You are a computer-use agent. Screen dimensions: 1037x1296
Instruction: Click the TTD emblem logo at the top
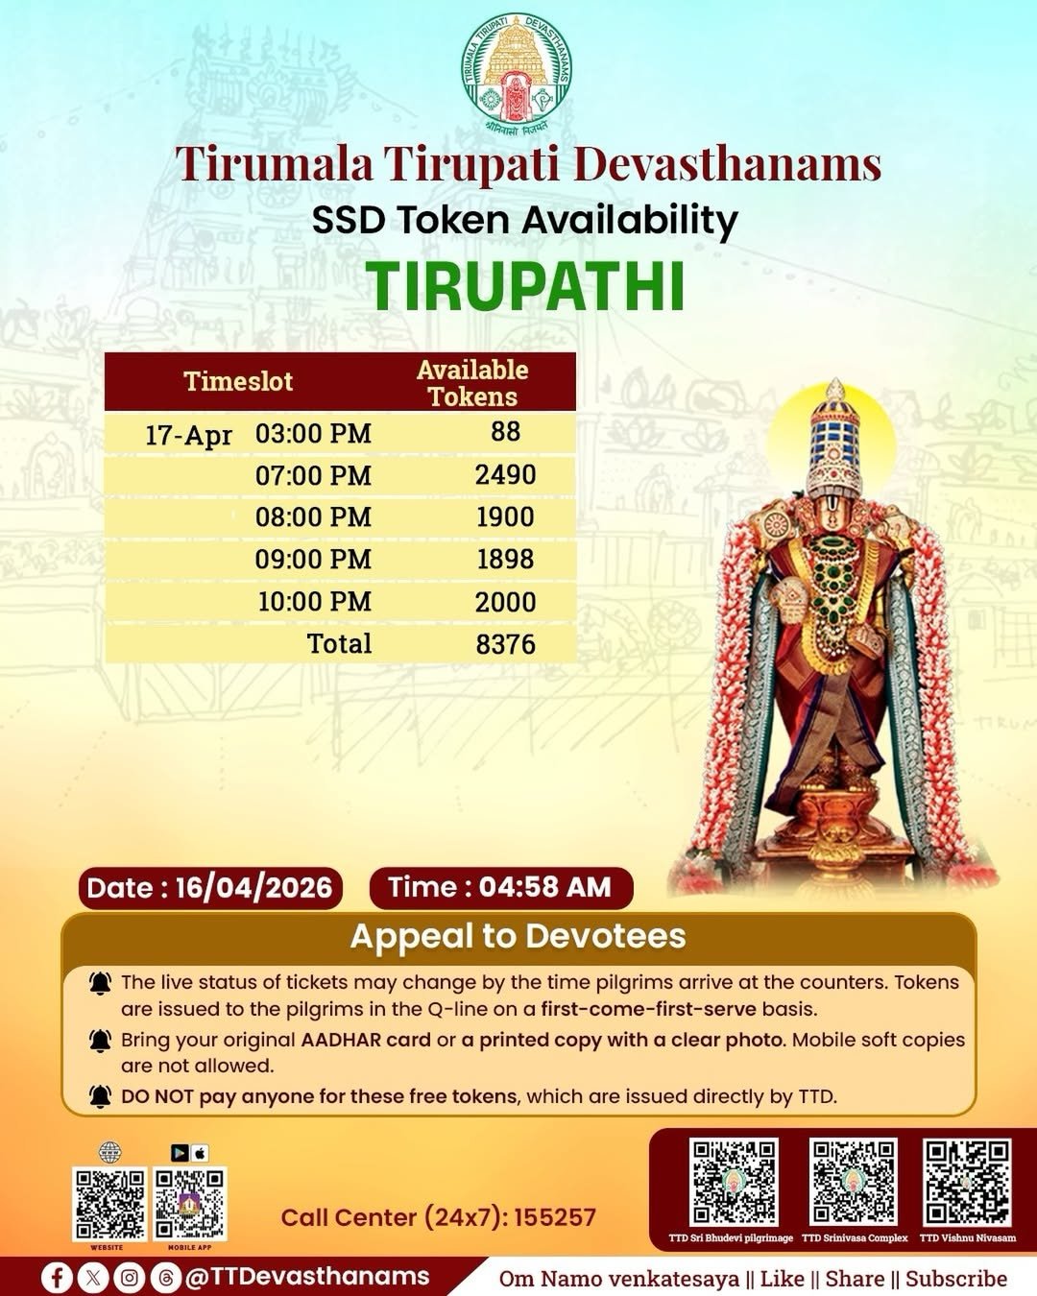click(517, 74)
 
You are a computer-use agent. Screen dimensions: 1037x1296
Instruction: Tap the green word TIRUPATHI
click(525, 287)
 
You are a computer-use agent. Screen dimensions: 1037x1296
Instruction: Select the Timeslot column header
click(238, 381)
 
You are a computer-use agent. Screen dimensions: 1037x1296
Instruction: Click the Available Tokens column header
click(472, 383)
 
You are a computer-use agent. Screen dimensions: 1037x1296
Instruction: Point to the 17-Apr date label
click(188, 434)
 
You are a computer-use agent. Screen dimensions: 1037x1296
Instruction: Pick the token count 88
click(506, 431)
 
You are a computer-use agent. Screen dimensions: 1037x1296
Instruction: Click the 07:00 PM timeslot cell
click(313, 476)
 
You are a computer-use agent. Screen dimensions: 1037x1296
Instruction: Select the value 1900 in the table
click(506, 516)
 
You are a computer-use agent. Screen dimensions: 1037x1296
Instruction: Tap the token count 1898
click(506, 559)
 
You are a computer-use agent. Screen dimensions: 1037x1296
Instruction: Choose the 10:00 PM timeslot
click(315, 601)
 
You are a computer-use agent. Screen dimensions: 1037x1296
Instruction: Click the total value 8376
click(506, 644)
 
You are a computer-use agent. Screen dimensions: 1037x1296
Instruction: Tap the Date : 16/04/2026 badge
click(210, 888)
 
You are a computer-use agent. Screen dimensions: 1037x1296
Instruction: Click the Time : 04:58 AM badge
click(500, 888)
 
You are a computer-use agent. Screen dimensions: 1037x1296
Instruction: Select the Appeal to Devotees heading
click(518, 936)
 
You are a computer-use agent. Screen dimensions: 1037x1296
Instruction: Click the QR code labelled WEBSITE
click(109, 1205)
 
